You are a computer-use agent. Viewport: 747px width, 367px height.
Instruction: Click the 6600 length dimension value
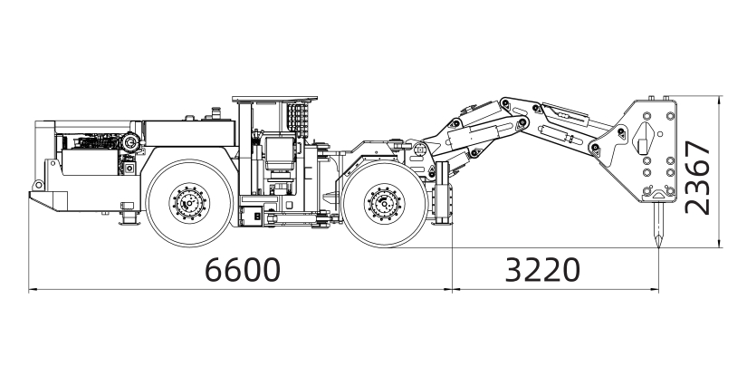(243, 269)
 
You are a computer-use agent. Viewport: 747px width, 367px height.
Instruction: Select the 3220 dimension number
(542, 269)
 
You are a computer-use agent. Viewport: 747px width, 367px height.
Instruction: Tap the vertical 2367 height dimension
(698, 178)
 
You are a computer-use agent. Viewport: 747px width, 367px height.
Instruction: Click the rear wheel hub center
(189, 204)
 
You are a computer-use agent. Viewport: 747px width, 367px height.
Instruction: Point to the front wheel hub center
(384, 204)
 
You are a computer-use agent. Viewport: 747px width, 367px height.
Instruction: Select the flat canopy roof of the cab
(274, 99)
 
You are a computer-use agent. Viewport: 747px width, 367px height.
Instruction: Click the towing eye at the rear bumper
(38, 185)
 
